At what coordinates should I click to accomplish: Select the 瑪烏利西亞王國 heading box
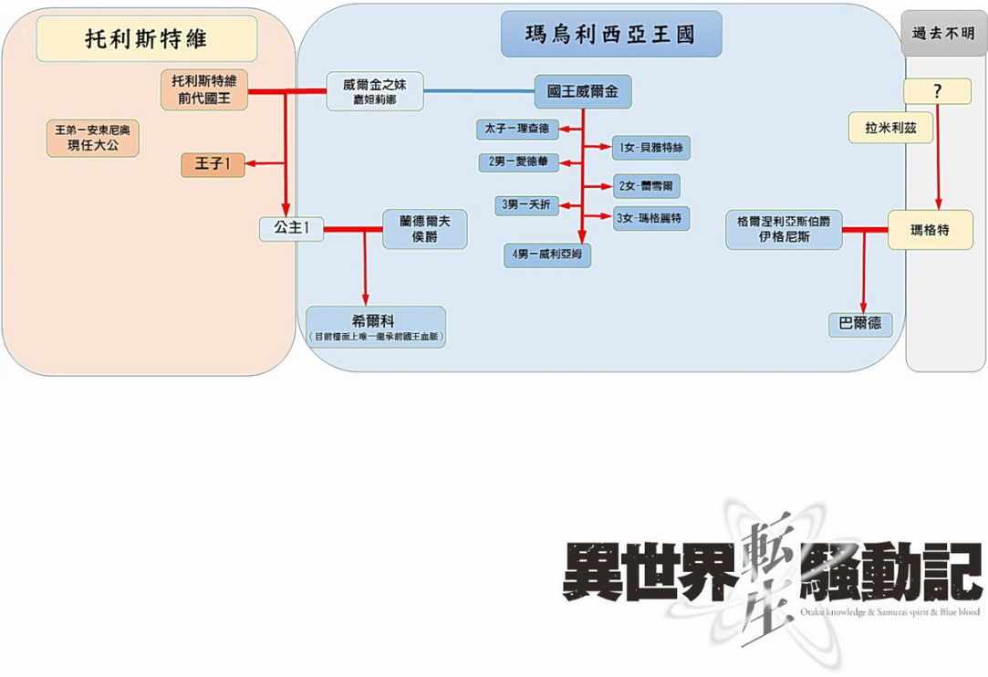point(610,35)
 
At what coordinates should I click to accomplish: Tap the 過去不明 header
point(943,33)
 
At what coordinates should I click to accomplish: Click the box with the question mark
point(937,91)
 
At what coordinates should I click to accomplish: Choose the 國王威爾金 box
point(583,92)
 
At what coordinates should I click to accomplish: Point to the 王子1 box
point(213,164)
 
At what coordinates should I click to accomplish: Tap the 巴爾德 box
point(860,324)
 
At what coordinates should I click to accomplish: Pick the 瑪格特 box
point(931,231)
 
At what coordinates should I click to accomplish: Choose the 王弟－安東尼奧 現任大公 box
point(93,138)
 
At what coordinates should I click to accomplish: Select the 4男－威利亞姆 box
point(547,255)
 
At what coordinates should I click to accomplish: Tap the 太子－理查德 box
point(517,129)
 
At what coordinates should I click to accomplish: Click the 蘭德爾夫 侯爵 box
point(424,229)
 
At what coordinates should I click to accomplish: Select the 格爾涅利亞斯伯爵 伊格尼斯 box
point(784,230)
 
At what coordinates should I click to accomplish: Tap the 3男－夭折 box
point(528,205)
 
